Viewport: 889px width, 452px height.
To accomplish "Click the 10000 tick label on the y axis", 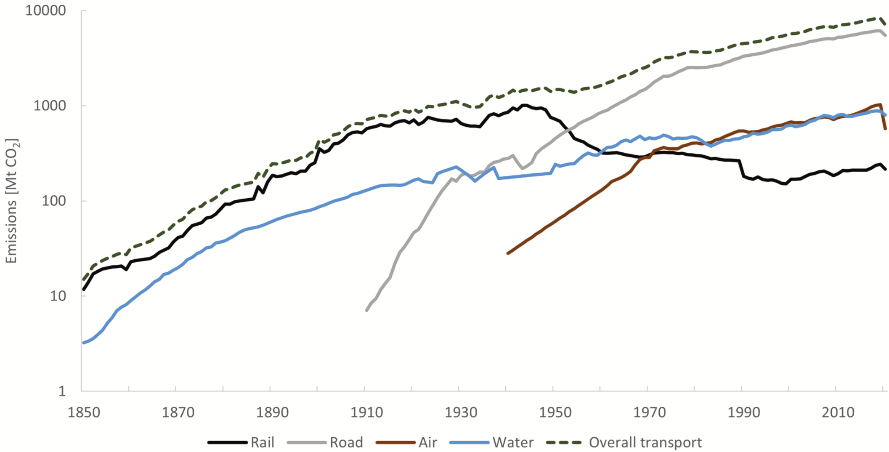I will [45, 11].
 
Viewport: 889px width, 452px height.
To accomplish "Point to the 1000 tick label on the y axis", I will [50, 106].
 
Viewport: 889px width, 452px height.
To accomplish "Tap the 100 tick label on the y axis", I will [54, 201].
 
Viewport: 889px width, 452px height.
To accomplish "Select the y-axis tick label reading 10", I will [58, 296].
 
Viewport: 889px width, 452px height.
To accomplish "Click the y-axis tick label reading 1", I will [62, 391].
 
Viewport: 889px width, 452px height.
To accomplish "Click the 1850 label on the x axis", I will [84, 412].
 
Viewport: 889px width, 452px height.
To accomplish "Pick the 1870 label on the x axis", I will [178, 412].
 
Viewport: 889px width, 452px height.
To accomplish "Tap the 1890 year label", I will [273, 412].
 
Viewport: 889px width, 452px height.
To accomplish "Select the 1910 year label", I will [367, 412].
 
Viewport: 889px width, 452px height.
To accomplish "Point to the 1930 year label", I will [461, 412].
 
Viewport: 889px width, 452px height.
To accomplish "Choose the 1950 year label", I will [555, 412].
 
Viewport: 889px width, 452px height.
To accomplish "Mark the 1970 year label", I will [650, 412].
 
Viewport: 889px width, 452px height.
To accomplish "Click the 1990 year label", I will [744, 412].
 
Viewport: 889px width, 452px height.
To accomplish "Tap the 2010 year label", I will [838, 412].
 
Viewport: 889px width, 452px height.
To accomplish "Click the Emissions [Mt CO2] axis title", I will [11, 201].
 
